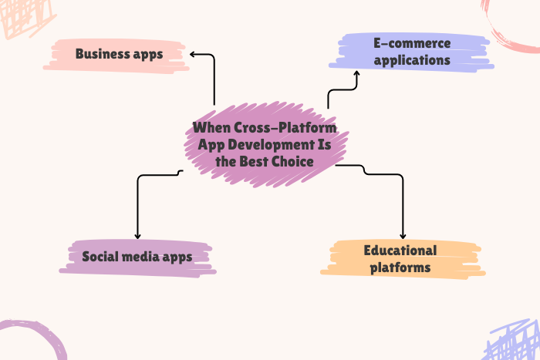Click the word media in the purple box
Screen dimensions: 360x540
tap(144, 256)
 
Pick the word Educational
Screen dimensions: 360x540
tap(400, 251)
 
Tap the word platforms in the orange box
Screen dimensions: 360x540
tap(400, 267)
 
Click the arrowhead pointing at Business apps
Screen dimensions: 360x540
tap(193, 55)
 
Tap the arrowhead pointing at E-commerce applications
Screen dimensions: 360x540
tap(356, 75)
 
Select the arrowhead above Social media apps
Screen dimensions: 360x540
tap(137, 235)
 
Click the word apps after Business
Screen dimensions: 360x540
tap(150, 54)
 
